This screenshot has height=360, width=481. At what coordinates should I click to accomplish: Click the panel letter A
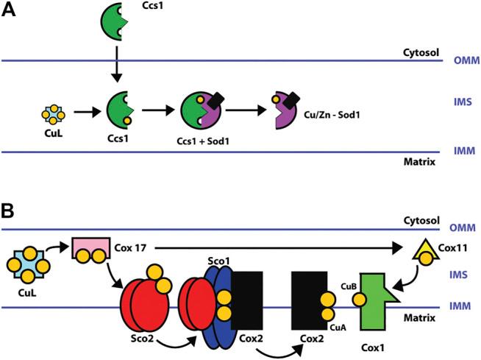tap(10, 13)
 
